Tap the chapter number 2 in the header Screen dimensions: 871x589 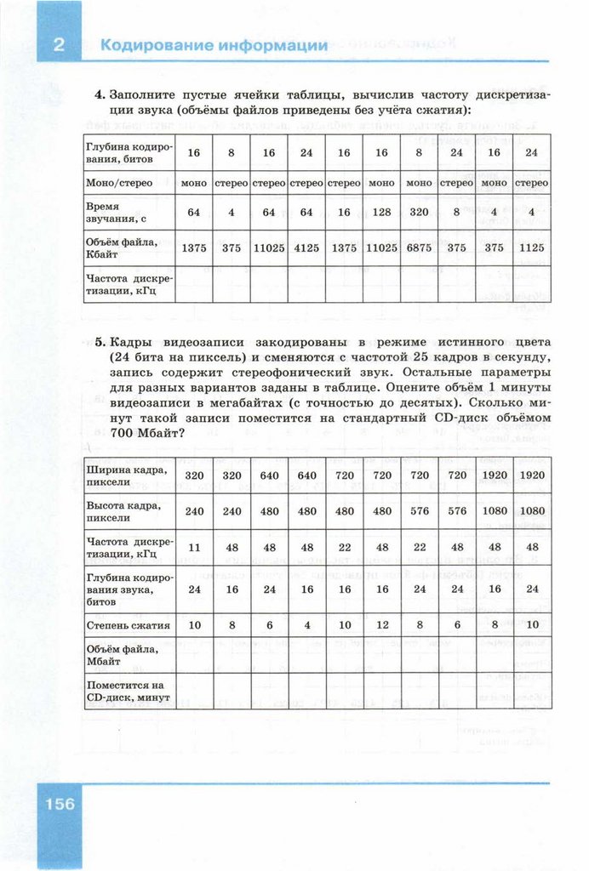(59, 46)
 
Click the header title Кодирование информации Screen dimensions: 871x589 (214, 46)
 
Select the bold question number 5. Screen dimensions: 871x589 (100, 342)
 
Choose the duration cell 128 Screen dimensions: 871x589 (381, 212)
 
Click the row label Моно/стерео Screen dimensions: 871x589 (118, 183)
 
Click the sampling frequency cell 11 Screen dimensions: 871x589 (194, 548)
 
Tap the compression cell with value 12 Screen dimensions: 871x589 (381, 625)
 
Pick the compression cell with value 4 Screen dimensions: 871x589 (306, 625)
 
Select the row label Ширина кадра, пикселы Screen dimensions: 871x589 (126, 475)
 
